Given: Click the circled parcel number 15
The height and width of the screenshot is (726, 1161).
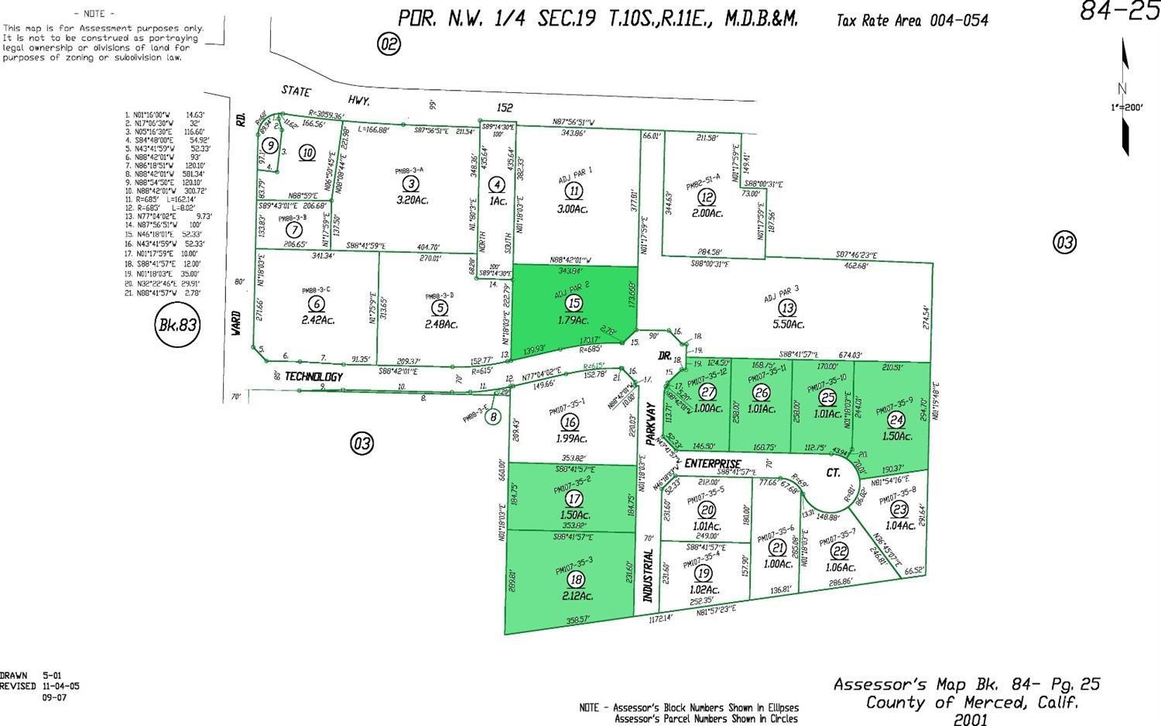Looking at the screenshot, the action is tap(574, 303).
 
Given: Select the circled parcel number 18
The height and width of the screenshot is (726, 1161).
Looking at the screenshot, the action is tap(575, 580).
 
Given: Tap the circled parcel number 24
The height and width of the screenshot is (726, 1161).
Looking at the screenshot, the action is tap(896, 421).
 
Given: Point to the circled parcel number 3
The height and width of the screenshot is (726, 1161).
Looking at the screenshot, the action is tap(412, 184).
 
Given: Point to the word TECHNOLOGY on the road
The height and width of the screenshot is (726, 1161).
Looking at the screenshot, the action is tap(313, 377).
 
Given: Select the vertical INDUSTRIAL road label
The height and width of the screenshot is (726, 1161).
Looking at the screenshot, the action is tap(649, 576).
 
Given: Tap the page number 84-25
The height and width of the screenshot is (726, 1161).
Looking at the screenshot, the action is tap(1119, 12).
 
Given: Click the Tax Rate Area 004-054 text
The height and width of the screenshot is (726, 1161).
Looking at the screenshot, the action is tap(912, 21).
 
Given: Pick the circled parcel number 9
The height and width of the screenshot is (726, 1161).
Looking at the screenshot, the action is tap(269, 145).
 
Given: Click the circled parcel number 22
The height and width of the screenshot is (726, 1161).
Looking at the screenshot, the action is tap(838, 551).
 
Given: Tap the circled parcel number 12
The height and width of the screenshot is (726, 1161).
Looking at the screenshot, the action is tap(706, 198).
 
